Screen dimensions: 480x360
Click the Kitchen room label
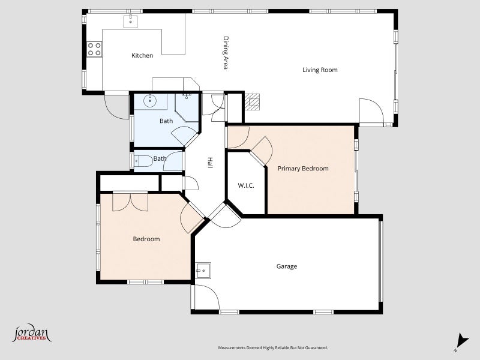coord(142,55)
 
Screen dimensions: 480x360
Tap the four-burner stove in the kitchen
coord(94,49)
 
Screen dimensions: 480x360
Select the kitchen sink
coord(130,21)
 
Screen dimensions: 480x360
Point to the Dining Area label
coord(226,53)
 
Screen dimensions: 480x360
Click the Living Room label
coord(320,70)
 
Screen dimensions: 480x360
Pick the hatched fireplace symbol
coord(252,101)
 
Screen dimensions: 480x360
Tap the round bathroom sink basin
coord(149,100)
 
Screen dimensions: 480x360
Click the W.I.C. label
coord(246,185)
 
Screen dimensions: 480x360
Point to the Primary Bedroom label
coord(303,169)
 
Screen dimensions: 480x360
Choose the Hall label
coord(210,163)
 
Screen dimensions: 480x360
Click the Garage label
coord(287,266)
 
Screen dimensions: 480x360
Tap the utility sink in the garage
coord(203,271)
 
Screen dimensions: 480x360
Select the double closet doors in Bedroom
coord(130,202)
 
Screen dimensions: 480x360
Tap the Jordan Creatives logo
coord(32,333)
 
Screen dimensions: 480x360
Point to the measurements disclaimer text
coord(273,348)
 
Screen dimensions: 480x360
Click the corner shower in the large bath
coord(187,107)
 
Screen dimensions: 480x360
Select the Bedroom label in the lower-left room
coord(146,239)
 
